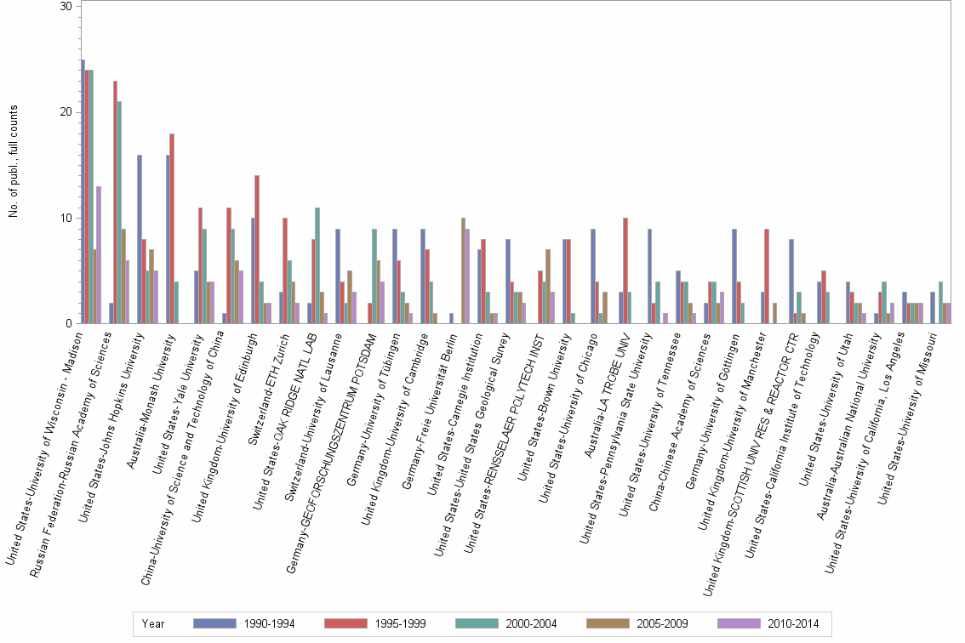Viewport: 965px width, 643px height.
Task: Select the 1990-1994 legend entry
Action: pos(244,623)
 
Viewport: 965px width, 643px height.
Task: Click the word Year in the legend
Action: pos(154,623)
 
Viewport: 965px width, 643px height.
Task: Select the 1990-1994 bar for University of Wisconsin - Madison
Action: pos(83,191)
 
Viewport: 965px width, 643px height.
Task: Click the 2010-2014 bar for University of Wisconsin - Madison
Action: pos(99,254)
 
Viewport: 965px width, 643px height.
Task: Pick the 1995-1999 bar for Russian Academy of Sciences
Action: pos(116,202)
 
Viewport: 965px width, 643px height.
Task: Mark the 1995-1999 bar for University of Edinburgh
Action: pos(257,249)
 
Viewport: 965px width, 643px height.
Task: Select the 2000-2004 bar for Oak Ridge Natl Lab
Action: pos(318,265)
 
